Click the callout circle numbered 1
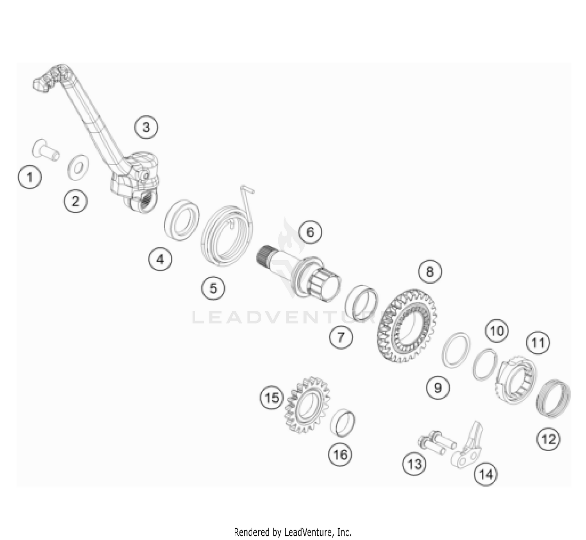[30, 177]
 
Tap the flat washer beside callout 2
[78, 168]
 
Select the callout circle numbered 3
[146, 127]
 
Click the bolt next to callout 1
[46, 150]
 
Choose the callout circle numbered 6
[310, 232]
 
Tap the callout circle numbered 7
[341, 337]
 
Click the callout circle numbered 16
[340, 454]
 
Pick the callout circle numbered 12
[548, 439]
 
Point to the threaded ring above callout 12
[553, 398]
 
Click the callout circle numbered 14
[486, 474]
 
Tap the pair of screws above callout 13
[437, 443]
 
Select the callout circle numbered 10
[497, 331]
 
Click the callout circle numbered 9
[438, 388]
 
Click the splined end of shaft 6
[264, 254]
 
